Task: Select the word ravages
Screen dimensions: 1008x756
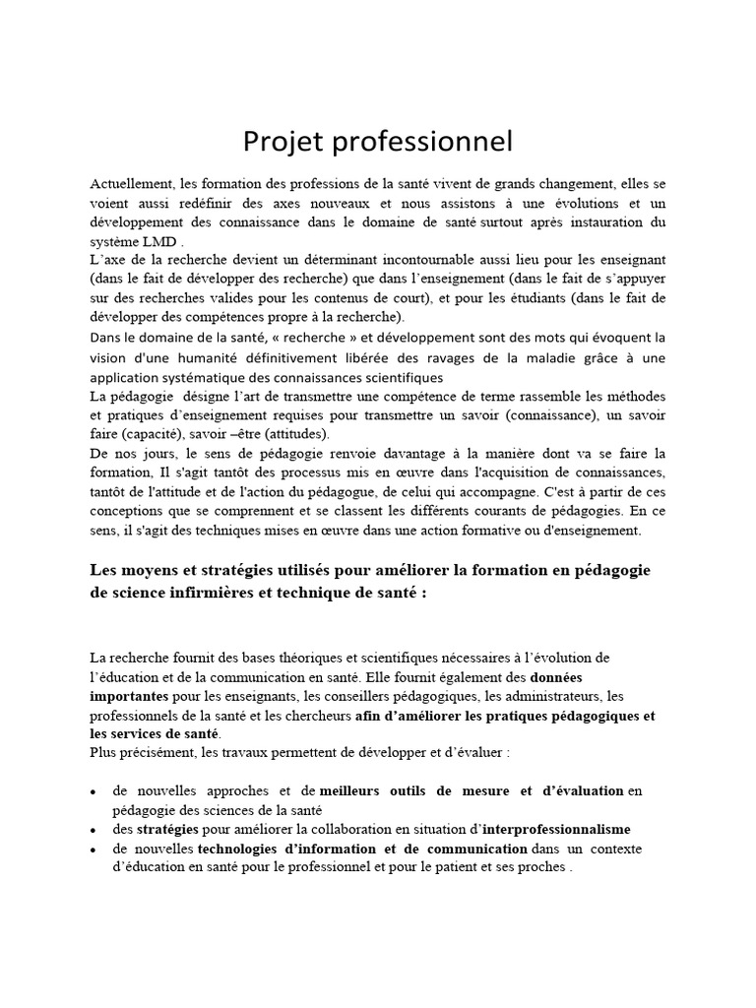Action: (484, 357)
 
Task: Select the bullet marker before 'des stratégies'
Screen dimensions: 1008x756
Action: (93, 831)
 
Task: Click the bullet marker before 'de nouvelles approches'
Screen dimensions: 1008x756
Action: (93, 792)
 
